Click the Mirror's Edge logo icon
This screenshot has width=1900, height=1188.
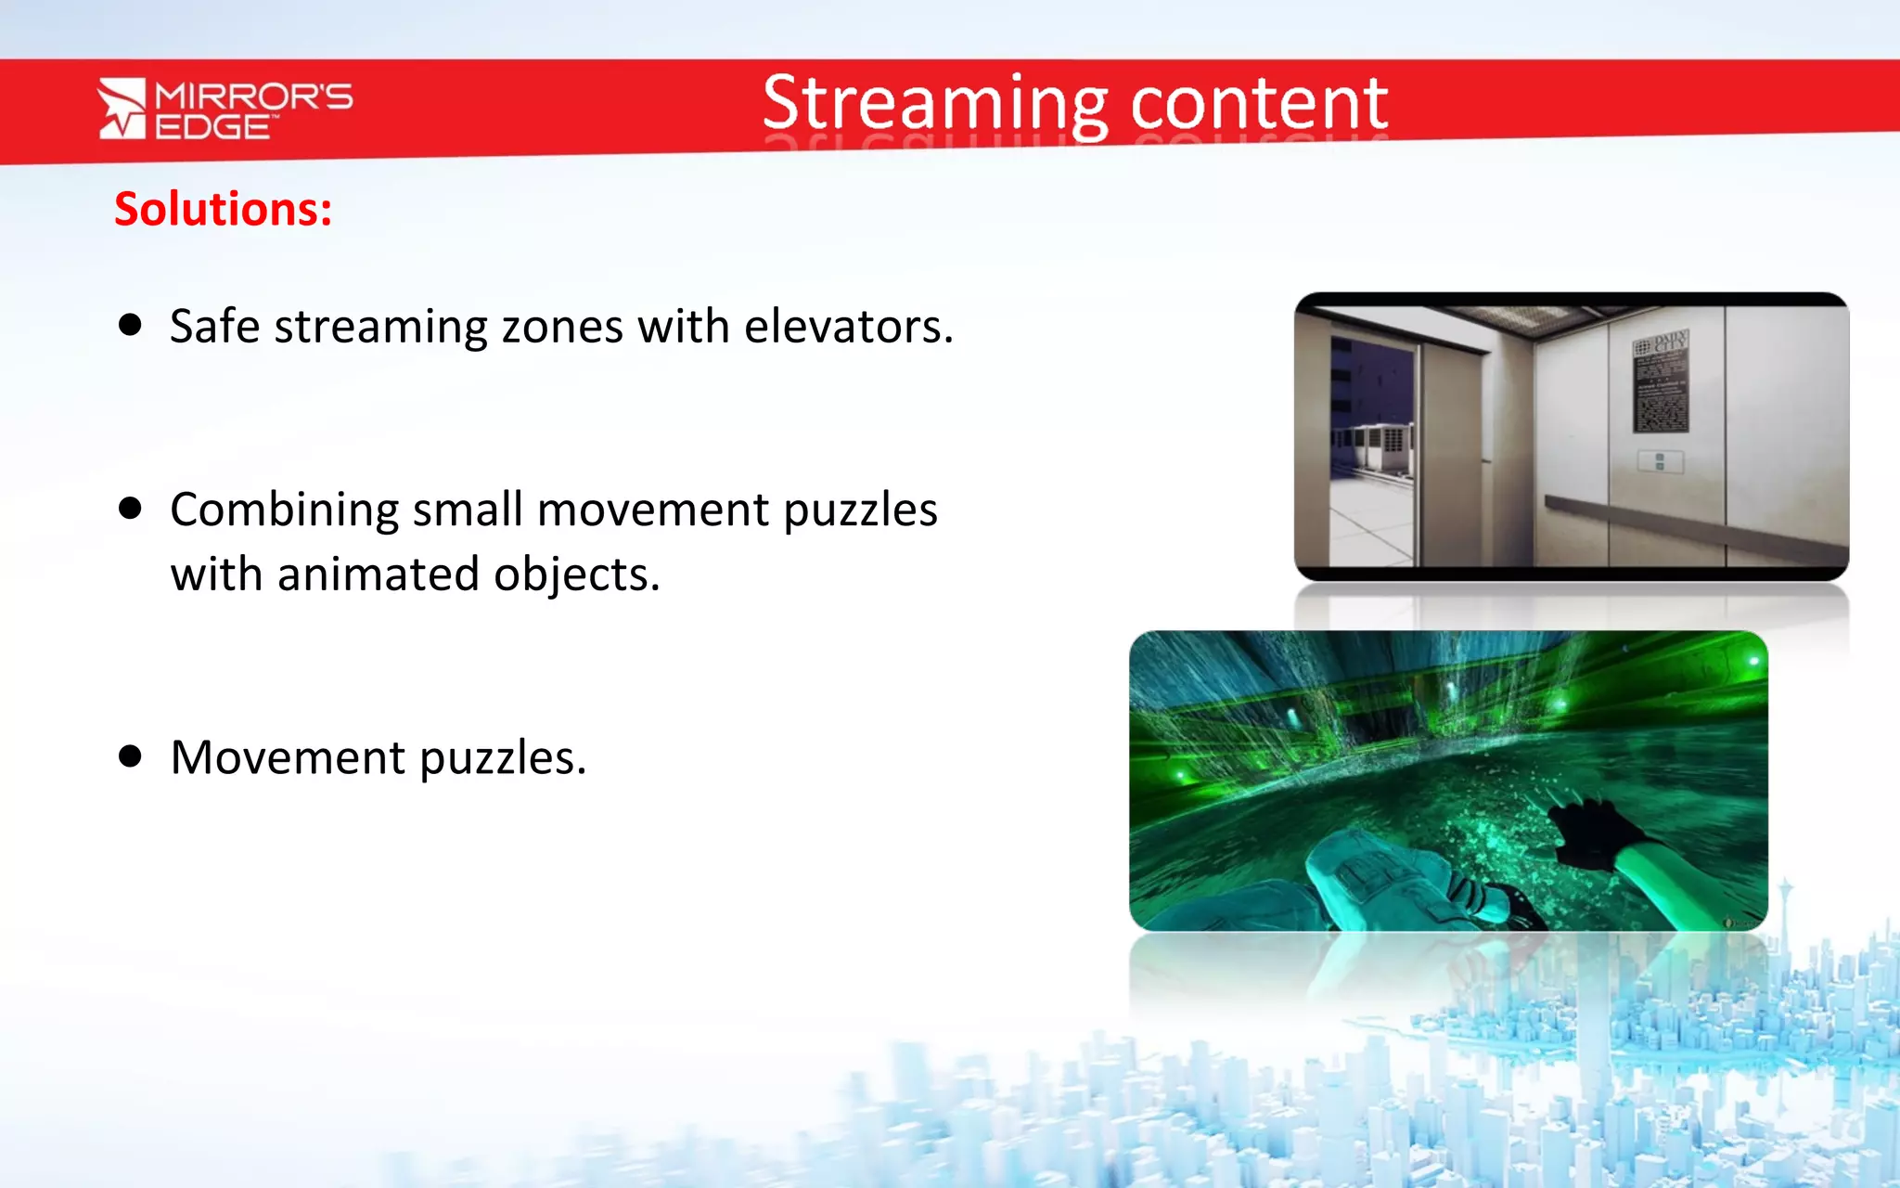pyautogui.click(x=122, y=109)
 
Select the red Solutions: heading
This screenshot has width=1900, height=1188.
pyautogui.click(x=223, y=209)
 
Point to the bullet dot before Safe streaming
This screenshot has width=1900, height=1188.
pyautogui.click(x=131, y=325)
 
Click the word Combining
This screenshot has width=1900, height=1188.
pyautogui.click(x=284, y=510)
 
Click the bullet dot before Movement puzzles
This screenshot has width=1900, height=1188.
pyautogui.click(x=131, y=756)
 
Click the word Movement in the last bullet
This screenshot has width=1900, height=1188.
pyautogui.click(x=288, y=757)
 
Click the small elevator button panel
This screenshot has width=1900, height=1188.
pyautogui.click(x=1660, y=461)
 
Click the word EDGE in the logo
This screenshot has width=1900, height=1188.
pyautogui.click(x=212, y=127)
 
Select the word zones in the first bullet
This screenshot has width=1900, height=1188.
pyautogui.click(x=562, y=327)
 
